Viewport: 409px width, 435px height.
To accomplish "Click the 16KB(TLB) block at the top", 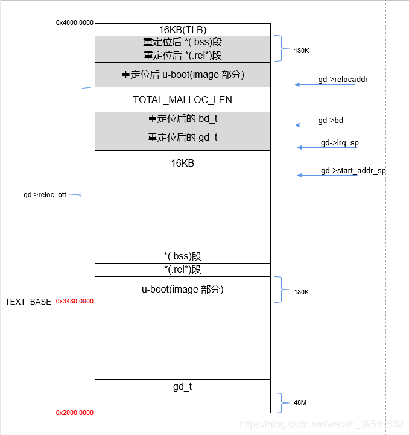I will click(182, 29).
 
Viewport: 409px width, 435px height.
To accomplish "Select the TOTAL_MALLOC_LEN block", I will click(182, 100).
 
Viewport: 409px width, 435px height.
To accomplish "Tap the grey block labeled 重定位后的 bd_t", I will click(182, 118).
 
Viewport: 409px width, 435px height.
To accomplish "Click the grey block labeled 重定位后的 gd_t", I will click(182, 138).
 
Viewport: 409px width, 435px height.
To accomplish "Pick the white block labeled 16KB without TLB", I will click(182, 163).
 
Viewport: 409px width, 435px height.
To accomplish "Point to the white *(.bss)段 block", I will click(182, 256).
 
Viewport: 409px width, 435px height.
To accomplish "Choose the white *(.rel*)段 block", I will click(182, 270).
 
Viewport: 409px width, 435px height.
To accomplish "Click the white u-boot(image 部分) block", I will click(182, 289).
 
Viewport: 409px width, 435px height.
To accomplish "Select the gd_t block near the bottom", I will click(182, 386).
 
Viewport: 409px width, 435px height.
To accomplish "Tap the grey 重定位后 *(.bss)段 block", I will click(182, 42).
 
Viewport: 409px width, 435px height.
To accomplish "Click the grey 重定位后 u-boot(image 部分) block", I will click(182, 75).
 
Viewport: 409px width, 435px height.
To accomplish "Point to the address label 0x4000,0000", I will click(75, 22).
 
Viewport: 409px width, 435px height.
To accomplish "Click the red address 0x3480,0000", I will click(75, 301).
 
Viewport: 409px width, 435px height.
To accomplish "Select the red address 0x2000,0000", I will click(75, 413).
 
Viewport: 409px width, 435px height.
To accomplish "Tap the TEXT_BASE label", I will click(28, 302).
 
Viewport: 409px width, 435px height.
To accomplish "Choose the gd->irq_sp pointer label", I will click(340, 143).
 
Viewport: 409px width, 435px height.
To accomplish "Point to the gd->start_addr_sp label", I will click(353, 171).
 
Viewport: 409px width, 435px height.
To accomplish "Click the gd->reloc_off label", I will click(45, 195).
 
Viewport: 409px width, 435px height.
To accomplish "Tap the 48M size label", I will click(301, 402).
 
